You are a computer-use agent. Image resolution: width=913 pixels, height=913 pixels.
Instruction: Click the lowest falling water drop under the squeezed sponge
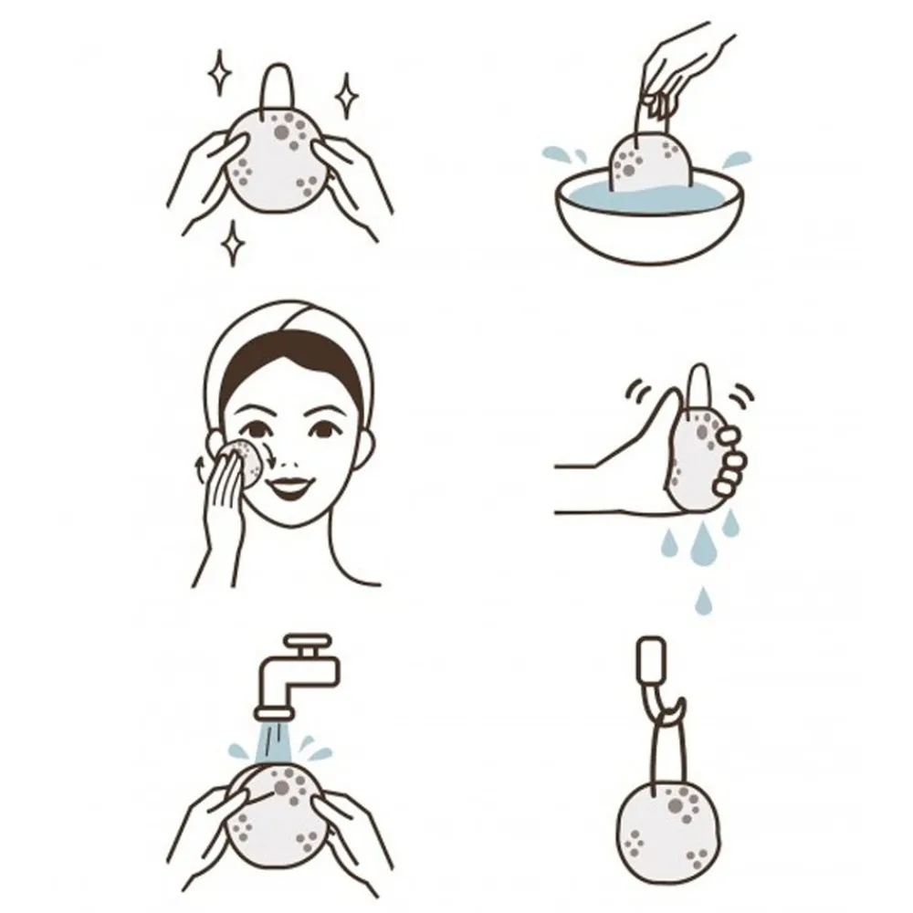point(702,600)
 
